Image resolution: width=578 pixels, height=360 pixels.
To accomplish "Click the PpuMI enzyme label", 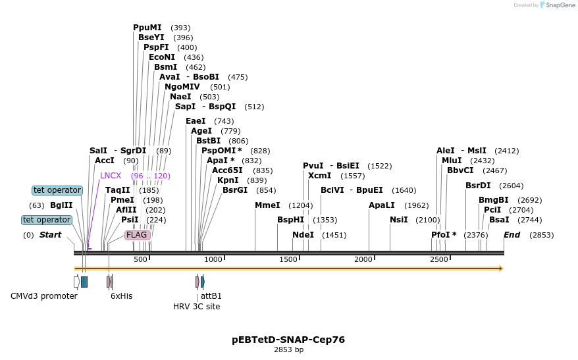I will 147,28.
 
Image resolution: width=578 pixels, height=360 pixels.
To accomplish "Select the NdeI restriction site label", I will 303,235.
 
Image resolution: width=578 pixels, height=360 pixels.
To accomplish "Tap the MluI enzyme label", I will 451,161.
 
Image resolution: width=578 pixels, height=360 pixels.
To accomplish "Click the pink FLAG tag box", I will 138,235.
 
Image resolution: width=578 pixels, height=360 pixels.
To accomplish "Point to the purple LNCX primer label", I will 111,176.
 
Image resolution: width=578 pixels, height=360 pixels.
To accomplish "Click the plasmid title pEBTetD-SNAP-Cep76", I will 288,340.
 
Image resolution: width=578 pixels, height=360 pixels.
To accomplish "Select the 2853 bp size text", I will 288,350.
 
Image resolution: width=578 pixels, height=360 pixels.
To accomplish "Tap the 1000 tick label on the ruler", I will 213,260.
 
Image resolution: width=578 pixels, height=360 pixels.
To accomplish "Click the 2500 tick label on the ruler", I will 439,260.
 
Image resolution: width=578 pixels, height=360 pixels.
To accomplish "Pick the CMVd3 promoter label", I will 44,296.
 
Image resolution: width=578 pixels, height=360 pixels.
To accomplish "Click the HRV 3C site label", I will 196,307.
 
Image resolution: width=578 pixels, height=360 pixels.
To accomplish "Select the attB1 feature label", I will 211,296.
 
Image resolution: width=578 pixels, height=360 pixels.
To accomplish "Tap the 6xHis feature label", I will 121,296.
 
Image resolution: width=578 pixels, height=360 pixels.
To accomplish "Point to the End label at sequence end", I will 512,235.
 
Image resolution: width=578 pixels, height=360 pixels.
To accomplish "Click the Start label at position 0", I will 50,235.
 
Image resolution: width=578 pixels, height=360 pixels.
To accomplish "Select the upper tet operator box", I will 57,190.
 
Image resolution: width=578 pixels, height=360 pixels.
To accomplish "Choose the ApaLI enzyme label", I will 382,205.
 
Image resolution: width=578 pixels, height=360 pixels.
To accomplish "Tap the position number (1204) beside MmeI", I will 300,205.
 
